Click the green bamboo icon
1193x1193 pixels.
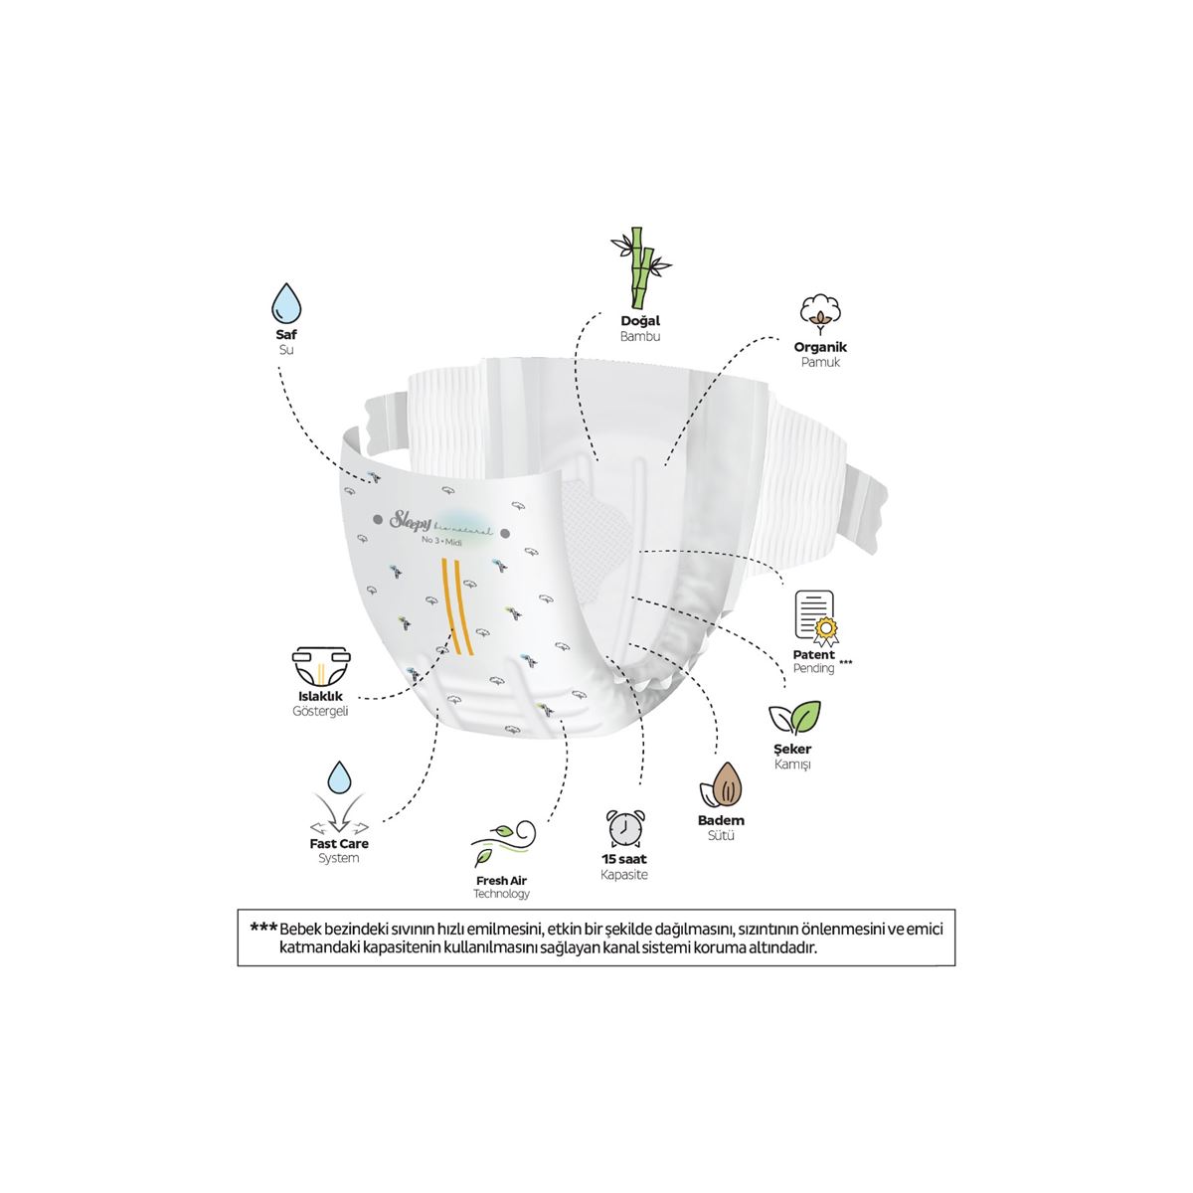[x=636, y=268]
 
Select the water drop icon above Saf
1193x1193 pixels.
[x=286, y=299]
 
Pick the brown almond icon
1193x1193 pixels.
[x=721, y=785]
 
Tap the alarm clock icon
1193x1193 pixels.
[x=622, y=827]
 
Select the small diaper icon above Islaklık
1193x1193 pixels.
[x=322, y=669]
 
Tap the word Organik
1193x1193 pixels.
[x=820, y=347]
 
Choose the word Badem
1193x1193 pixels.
[x=721, y=820]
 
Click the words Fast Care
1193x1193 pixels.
[x=339, y=843]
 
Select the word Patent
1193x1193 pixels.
[x=813, y=654]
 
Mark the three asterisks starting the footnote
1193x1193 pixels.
[x=262, y=928]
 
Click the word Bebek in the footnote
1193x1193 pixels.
[x=301, y=929]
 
